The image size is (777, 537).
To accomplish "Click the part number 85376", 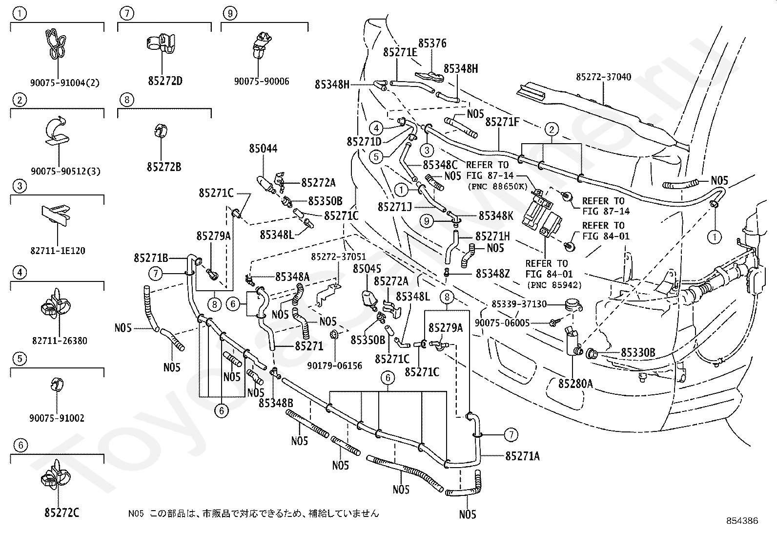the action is [x=432, y=43].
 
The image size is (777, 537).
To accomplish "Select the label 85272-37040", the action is [x=604, y=77].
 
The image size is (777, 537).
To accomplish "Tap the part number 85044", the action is [x=263, y=149].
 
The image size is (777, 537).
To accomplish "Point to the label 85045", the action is [x=367, y=269].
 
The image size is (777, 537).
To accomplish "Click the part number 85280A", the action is [x=575, y=384].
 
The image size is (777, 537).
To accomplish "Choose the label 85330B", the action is [x=638, y=353].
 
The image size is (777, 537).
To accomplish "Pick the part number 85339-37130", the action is [x=519, y=304].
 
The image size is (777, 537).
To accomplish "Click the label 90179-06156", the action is [x=334, y=365].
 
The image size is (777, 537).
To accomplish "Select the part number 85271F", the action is [x=502, y=122].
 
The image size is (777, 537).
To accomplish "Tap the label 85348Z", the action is [x=492, y=274].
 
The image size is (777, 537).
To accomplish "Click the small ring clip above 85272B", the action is [x=161, y=130].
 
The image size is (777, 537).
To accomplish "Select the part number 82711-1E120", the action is [x=58, y=251].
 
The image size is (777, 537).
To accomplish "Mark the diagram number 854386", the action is [x=742, y=521].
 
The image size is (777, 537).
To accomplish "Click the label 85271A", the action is [x=522, y=456].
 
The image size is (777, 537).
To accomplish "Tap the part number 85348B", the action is [x=276, y=403].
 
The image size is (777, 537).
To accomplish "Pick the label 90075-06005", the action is [x=502, y=323].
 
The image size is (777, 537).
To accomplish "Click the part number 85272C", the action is [x=62, y=513].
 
